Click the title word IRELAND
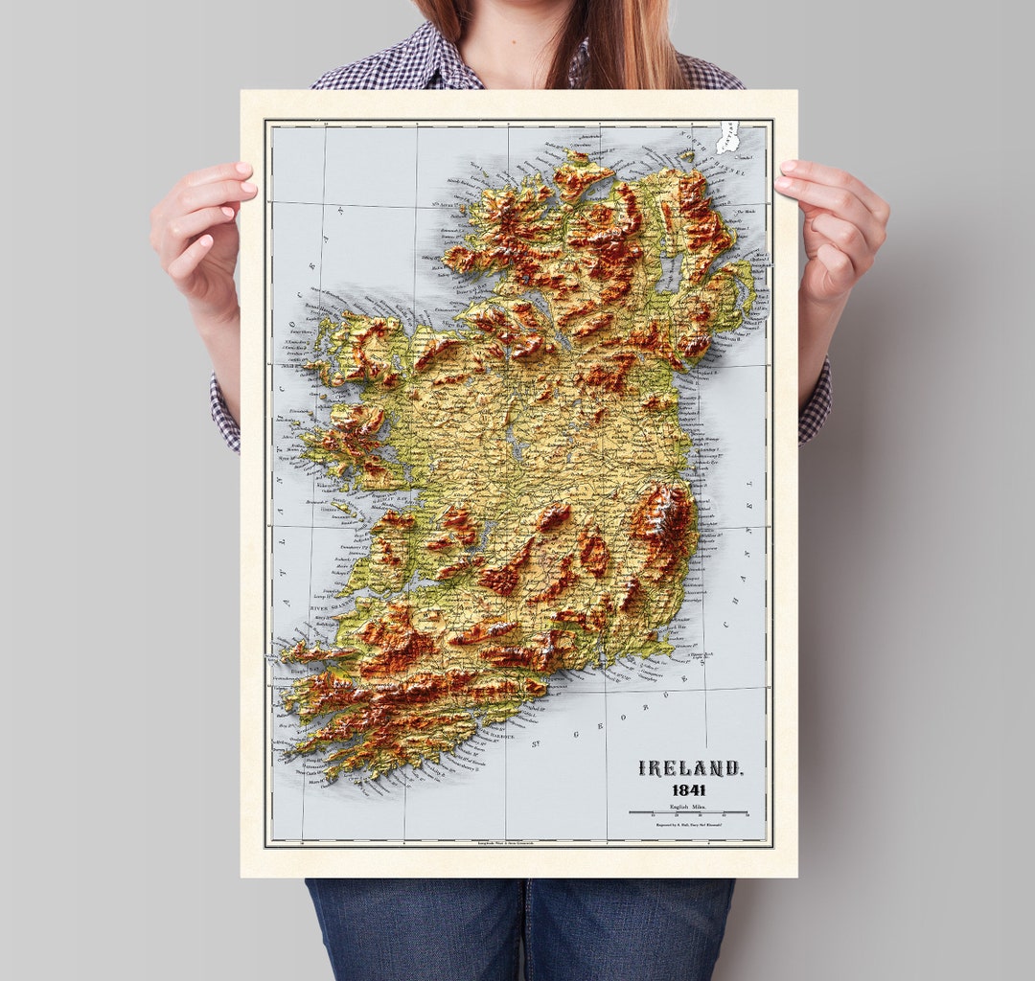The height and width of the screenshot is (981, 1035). (689, 769)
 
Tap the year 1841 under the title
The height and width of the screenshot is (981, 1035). (689, 790)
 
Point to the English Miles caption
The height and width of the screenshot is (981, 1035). (689, 807)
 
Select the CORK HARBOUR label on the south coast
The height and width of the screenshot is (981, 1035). (494, 736)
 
